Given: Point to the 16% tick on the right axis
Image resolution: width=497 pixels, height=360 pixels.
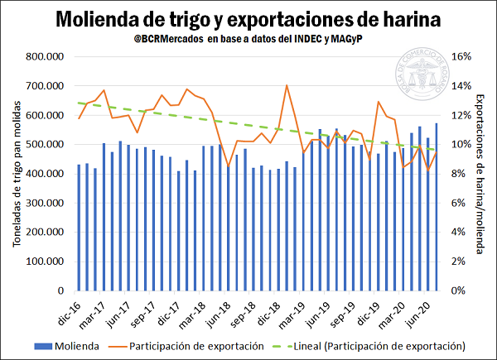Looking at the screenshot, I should (x=461, y=57).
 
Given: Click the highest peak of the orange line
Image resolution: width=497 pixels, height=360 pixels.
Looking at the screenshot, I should (x=287, y=85).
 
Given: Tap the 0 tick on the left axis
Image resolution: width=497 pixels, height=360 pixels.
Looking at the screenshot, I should (x=60, y=290).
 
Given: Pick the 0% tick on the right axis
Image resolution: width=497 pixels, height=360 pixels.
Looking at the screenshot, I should (x=458, y=290).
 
